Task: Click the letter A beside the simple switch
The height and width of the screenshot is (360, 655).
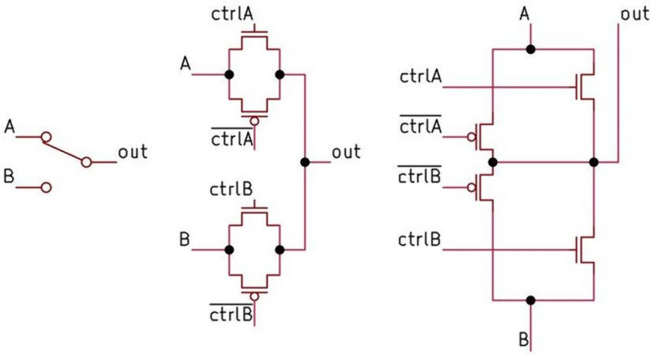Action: (x=9, y=127)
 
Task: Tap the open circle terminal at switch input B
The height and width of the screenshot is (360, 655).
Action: (x=46, y=187)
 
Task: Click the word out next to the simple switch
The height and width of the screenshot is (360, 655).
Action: (x=133, y=152)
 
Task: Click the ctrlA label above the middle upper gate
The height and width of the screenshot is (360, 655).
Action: (x=233, y=14)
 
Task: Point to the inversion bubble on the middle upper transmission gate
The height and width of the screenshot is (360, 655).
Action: (x=254, y=121)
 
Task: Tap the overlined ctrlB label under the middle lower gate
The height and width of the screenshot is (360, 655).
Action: (x=231, y=313)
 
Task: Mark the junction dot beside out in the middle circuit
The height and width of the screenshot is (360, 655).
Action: (x=305, y=162)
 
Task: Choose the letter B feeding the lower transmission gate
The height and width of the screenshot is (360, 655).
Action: (x=185, y=240)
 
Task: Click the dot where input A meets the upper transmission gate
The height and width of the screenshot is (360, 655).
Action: (x=229, y=75)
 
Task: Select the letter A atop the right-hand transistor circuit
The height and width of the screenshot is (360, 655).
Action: (x=525, y=14)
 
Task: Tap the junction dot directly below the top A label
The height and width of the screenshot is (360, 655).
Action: (x=531, y=50)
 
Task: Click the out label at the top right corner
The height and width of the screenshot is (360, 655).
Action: (x=635, y=14)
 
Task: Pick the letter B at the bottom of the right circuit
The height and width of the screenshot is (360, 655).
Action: (x=524, y=339)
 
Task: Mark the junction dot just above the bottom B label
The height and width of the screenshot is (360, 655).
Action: (x=531, y=300)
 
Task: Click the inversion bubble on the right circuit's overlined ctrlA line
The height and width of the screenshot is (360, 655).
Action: (x=472, y=137)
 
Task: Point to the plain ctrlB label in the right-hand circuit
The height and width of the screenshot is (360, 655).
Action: (x=419, y=240)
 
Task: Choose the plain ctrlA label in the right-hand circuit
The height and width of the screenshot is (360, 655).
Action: (x=421, y=77)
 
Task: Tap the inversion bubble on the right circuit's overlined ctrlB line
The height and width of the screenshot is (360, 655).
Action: (x=472, y=187)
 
